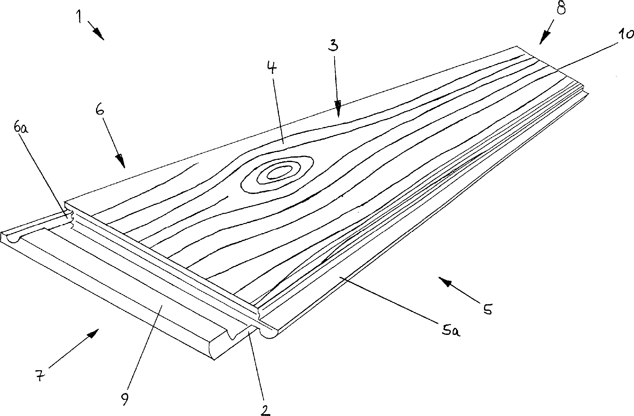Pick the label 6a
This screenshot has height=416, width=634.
21,129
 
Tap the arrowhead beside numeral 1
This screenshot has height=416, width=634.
99,34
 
